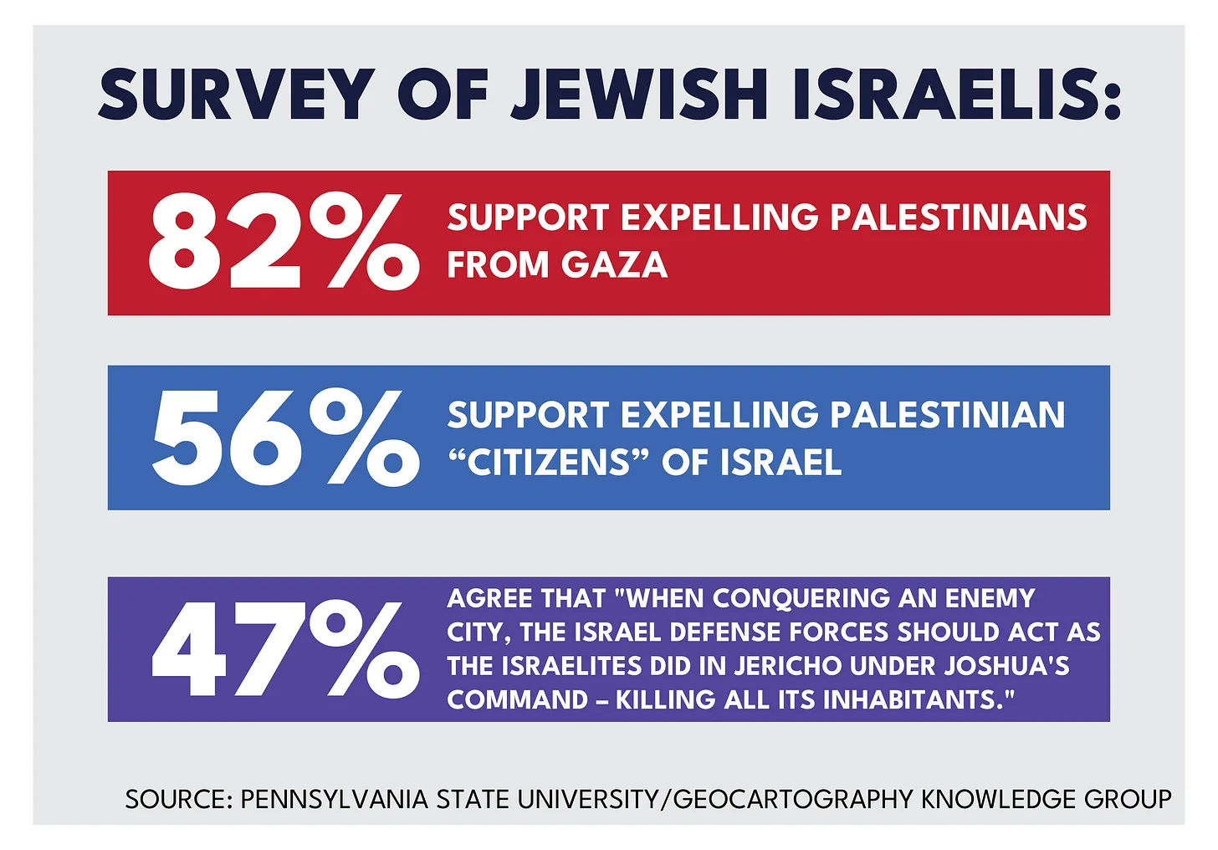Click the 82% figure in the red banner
[283, 243]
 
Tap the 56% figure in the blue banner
[284, 438]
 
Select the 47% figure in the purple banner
[284, 649]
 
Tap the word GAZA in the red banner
[615, 265]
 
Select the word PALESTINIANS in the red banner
[958, 218]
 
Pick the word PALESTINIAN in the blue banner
[947, 415]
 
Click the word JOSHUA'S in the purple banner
[1006, 666]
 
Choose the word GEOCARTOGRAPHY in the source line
[792, 799]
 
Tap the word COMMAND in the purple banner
[517, 699]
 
